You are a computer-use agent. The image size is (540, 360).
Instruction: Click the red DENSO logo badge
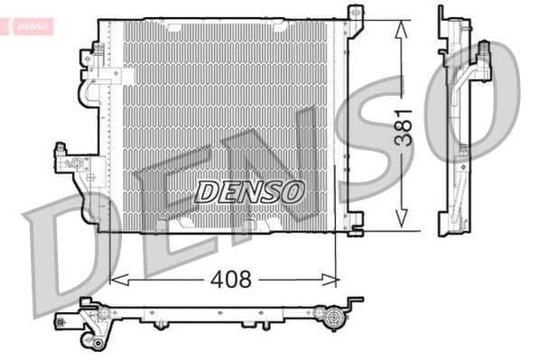[x=31, y=26]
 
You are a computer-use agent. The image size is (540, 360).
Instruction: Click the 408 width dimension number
[x=231, y=280]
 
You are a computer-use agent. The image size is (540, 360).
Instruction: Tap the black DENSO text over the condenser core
[x=250, y=191]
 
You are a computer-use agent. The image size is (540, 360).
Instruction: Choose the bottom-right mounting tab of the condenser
[x=355, y=219]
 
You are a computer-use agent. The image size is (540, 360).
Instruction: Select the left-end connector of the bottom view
[x=68, y=320]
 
